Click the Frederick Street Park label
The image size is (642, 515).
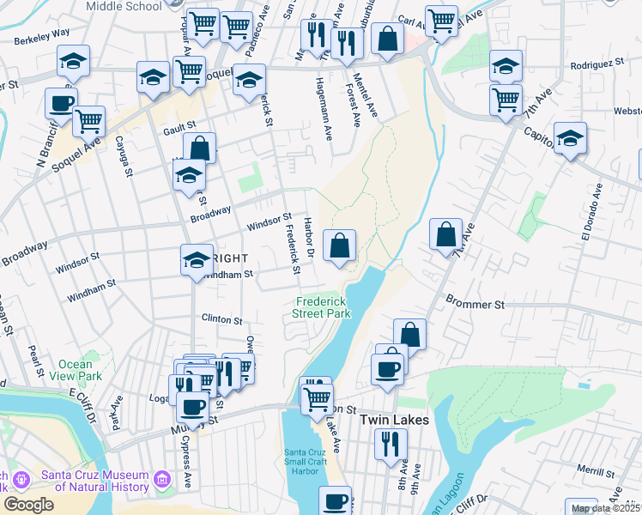324,307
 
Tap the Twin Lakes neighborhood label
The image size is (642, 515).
394,420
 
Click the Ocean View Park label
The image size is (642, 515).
76,370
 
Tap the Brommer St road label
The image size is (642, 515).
475,302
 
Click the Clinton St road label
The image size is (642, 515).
221,318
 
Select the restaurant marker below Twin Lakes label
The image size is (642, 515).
391,444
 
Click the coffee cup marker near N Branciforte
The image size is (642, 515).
61,103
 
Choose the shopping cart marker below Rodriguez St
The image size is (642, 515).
506,100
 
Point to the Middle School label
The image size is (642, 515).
124,6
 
